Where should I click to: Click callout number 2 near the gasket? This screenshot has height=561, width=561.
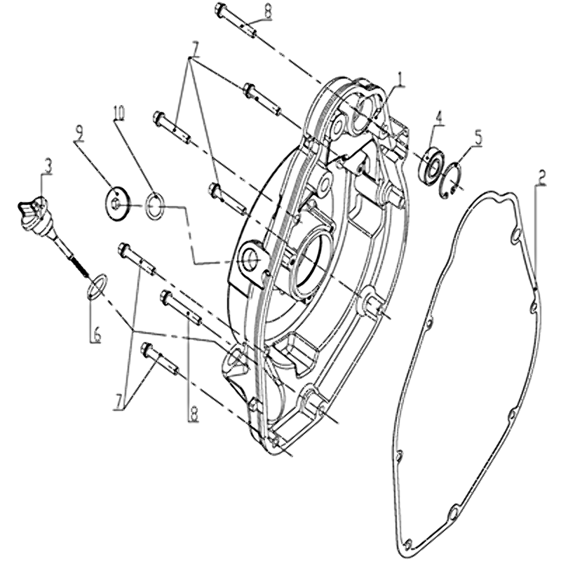[x=542, y=177]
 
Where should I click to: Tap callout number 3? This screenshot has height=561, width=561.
[x=48, y=166]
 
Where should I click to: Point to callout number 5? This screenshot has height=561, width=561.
[x=478, y=137]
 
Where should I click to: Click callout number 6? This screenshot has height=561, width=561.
[x=97, y=334]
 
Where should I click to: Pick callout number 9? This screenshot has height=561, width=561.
[x=79, y=134]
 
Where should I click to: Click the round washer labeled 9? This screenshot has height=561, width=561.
[x=117, y=204]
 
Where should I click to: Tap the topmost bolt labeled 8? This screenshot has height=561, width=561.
[x=236, y=20]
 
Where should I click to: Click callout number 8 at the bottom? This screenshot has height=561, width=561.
[x=194, y=414]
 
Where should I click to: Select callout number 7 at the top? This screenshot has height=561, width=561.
[x=195, y=49]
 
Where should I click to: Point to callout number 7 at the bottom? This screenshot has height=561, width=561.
[x=119, y=404]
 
